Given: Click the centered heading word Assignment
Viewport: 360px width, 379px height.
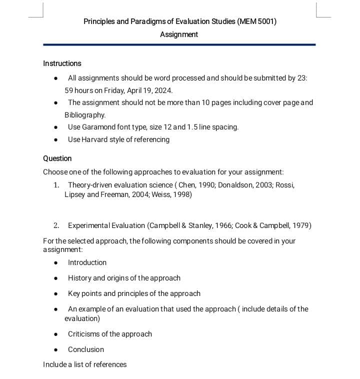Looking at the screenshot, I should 179,34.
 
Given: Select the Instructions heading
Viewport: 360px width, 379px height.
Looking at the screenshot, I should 62,63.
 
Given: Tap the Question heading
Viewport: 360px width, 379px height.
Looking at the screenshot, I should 57,158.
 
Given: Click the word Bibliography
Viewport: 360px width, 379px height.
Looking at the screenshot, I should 85,115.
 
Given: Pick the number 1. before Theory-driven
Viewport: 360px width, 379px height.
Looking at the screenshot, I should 56,185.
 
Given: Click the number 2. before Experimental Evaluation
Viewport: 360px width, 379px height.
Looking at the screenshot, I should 56,225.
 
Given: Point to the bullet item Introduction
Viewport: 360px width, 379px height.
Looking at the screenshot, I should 87,262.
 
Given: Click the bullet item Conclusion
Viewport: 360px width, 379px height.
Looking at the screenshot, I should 86,349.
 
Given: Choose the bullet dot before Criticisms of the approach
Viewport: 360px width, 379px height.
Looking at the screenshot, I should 56,334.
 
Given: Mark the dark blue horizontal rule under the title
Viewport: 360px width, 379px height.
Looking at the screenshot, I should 179,44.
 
